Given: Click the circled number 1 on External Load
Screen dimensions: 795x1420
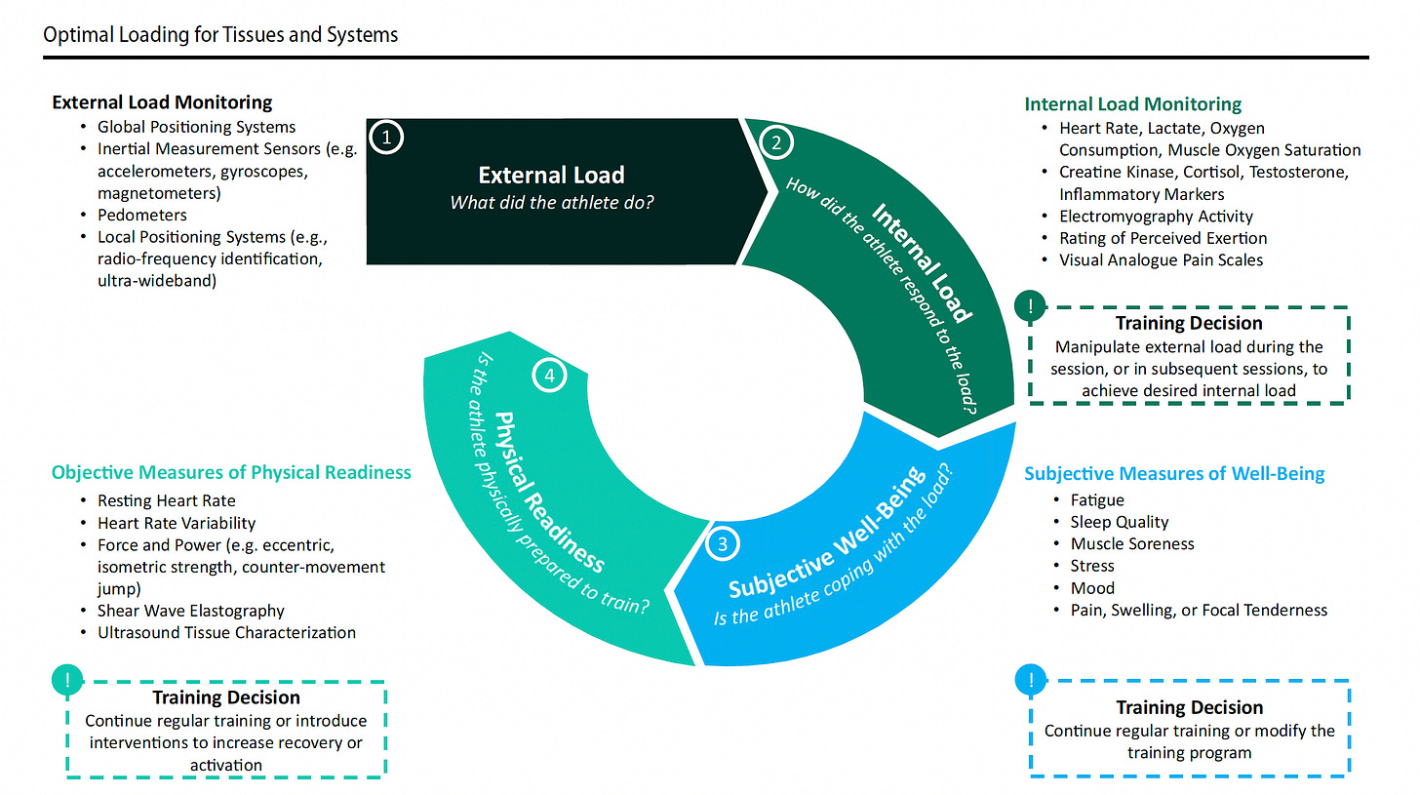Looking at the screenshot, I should [x=386, y=138].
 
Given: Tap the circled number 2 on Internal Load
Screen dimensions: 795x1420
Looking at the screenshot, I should [x=776, y=142].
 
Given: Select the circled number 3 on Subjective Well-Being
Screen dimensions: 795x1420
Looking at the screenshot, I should [x=722, y=544].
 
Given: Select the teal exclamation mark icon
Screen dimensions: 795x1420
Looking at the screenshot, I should [x=66, y=680].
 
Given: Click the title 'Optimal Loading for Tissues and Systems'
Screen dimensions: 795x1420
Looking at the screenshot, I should [x=220, y=35].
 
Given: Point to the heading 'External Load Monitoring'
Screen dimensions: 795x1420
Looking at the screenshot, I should [x=162, y=102].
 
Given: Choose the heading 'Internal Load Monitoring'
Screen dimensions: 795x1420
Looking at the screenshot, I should [x=1132, y=104].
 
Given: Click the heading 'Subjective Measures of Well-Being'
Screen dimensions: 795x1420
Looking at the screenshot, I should [x=1174, y=474].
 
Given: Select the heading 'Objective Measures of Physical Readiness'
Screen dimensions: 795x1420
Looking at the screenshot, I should [x=231, y=472].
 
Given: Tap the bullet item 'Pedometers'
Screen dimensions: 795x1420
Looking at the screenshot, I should [x=142, y=215].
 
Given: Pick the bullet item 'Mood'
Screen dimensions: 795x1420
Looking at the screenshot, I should [x=1092, y=588].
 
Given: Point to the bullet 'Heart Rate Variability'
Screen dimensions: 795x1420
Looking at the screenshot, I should [x=177, y=523].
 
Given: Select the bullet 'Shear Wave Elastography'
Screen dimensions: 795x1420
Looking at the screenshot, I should [x=191, y=611].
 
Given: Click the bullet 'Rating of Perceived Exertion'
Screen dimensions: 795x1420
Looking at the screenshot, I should [x=1163, y=238].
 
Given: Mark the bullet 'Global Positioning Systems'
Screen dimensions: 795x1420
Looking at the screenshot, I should [x=196, y=127].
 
